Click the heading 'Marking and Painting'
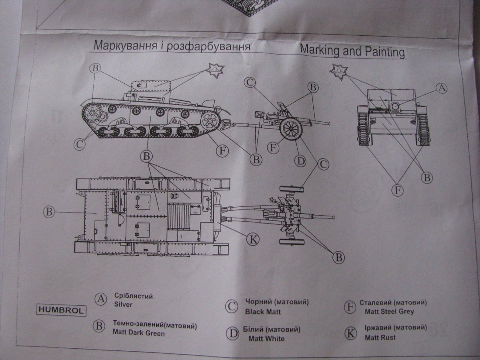pyautogui.click(x=352, y=51)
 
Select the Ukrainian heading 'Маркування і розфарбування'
pyautogui.click(x=172, y=46)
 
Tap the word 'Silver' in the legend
pyautogui.click(x=123, y=304)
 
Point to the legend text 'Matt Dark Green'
pyautogui.click(x=139, y=334)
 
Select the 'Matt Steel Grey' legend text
pyautogui.click(x=389, y=312)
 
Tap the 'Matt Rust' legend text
pyautogui.click(x=380, y=337)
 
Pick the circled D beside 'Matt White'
pyautogui.click(x=232, y=334)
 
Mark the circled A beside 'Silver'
pyautogui.click(x=101, y=300)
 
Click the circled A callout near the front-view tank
pyautogui.click(x=442, y=88)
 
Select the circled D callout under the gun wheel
pyautogui.click(x=300, y=161)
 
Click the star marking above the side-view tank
pyautogui.click(x=215, y=71)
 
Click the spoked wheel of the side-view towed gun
pyautogui.click(x=291, y=129)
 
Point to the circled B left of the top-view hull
pyautogui.click(x=49, y=212)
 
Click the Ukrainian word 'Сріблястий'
pyautogui.click(x=133, y=296)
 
